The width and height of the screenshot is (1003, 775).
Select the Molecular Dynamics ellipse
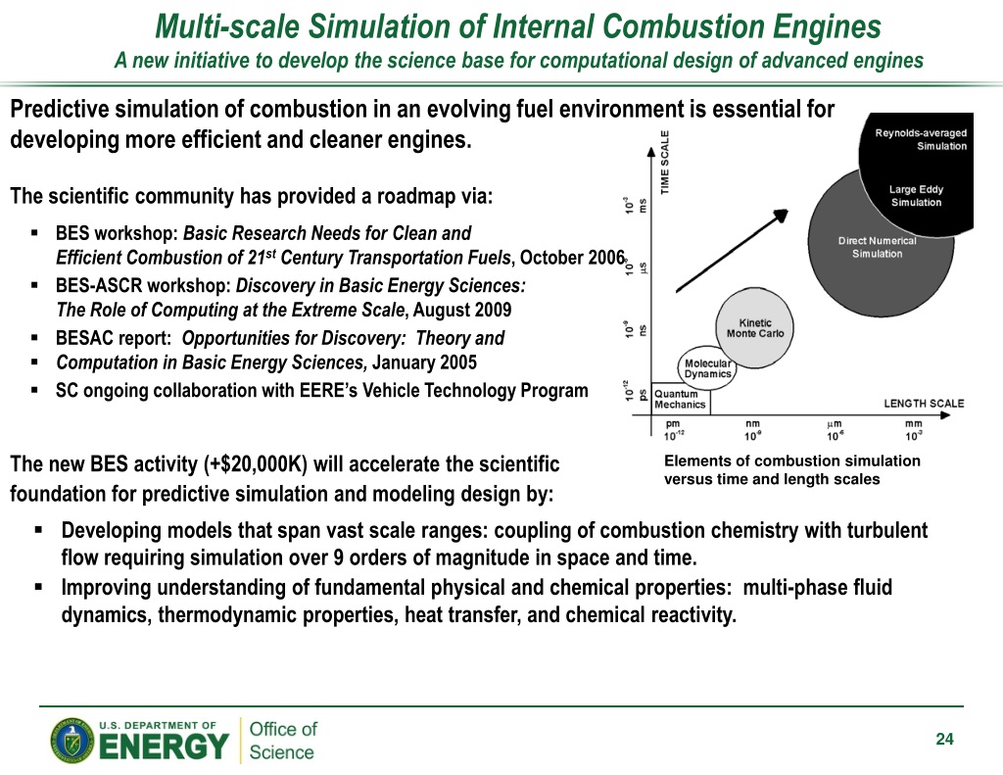coord(707,366)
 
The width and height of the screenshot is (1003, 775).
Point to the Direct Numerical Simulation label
coord(877,247)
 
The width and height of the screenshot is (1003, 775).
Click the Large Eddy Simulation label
coord(915,196)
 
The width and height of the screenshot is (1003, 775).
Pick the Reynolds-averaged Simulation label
coord(920,139)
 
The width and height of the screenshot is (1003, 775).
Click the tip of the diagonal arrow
coord(785,211)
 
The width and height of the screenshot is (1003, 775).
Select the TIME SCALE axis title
coord(666,163)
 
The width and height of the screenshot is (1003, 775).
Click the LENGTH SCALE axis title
coord(924,403)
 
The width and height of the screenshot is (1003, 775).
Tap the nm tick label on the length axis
coord(752,424)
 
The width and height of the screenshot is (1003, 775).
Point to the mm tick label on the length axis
coord(913,424)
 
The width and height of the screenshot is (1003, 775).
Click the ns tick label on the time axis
coord(643,331)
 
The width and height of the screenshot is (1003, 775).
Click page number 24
coord(944,740)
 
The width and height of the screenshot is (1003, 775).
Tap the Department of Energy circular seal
coord(72,741)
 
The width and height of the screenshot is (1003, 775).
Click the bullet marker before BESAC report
coord(34,338)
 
